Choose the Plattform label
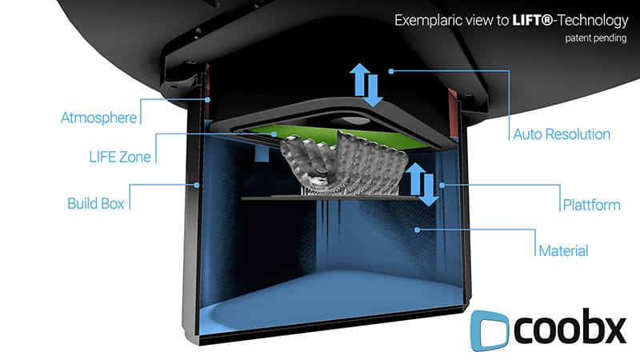point(590,205)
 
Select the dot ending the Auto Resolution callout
point(391,71)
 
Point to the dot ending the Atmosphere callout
point(208,100)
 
